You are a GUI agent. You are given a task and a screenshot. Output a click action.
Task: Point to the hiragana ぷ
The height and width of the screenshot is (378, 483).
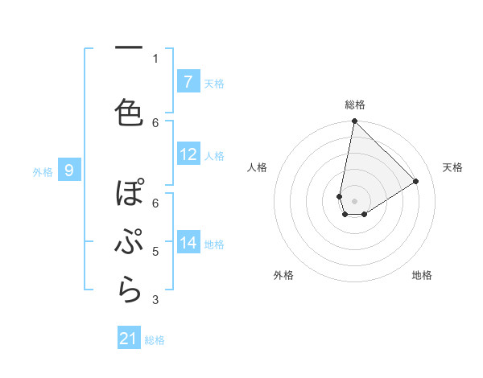(130, 242)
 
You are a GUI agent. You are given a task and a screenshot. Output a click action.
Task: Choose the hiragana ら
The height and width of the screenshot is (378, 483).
(130, 290)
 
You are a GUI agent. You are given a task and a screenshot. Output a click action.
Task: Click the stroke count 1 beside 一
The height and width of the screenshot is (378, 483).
(155, 58)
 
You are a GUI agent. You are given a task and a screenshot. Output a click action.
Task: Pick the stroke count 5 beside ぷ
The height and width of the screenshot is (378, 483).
(155, 252)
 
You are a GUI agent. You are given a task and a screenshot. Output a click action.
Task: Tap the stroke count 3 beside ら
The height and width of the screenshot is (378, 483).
(155, 300)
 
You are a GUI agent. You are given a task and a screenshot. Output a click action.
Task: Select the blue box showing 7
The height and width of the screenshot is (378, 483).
(188, 82)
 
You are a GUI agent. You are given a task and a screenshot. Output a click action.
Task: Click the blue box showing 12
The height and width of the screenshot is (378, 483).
(188, 155)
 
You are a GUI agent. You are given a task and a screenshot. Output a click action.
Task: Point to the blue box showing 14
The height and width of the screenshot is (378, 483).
(188, 243)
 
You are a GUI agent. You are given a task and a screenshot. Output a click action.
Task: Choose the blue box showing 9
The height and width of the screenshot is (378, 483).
(69, 171)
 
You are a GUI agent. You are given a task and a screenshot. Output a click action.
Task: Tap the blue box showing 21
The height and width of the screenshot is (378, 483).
(129, 339)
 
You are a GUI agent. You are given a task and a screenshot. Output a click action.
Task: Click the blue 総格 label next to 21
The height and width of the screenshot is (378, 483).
(155, 340)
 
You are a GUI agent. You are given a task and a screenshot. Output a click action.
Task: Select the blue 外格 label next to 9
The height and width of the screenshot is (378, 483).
(43, 171)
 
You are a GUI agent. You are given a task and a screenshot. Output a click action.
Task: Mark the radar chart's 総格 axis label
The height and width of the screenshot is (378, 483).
(355, 105)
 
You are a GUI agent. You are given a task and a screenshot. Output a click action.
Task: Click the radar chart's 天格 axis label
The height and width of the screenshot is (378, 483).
(452, 167)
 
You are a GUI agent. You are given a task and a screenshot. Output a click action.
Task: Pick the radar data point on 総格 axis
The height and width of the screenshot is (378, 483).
(354, 121)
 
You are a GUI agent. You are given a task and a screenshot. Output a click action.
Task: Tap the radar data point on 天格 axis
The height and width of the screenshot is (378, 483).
(416, 182)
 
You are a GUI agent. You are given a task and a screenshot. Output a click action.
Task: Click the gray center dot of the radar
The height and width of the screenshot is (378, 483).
(354, 201)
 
